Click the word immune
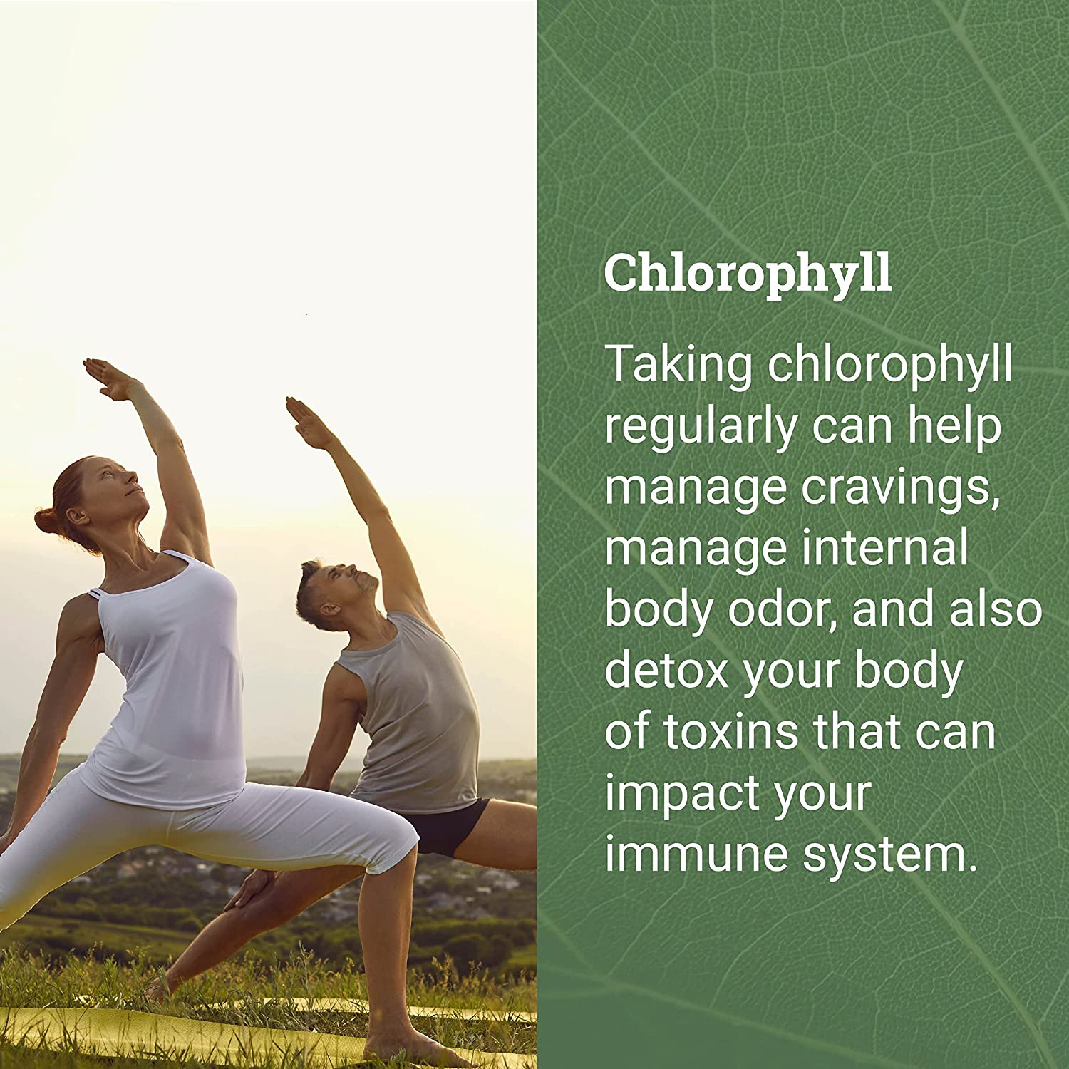pos(696,854)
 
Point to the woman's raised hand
pos(107,378)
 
